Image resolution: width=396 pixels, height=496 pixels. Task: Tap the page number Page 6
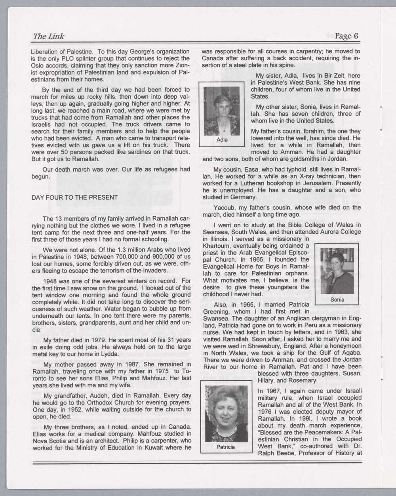click(346, 36)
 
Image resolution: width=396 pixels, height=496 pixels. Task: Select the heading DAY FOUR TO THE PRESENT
click(74, 197)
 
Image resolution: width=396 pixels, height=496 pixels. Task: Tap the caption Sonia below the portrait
click(337, 300)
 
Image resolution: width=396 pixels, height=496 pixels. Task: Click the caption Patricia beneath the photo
click(225, 447)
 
